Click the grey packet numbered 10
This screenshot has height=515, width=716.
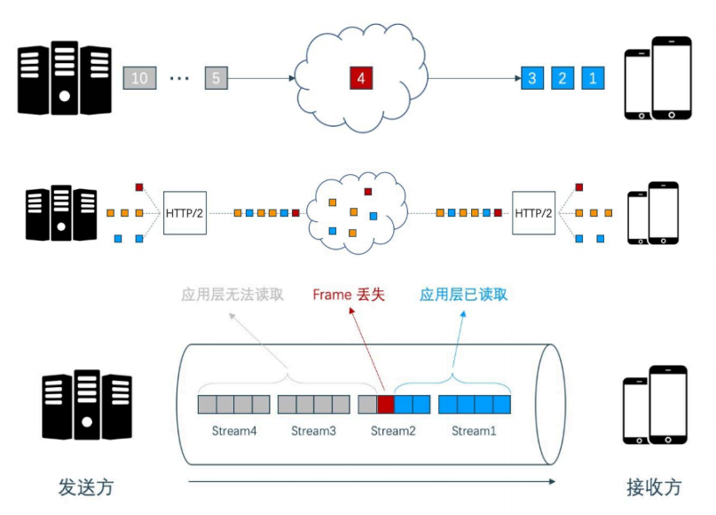click(138, 78)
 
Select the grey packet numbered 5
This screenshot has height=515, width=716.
click(216, 78)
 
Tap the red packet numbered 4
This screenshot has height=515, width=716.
click(360, 78)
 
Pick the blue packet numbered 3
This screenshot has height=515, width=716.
click(532, 78)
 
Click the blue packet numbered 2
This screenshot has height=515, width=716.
click(562, 78)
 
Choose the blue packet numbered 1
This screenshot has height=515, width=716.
click(593, 78)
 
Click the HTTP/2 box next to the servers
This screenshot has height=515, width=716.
click(186, 213)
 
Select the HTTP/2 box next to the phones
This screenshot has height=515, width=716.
click(534, 213)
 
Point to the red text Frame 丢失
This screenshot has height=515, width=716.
click(349, 295)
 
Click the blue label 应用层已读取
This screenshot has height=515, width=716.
click(464, 295)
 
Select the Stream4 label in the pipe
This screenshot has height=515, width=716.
click(234, 432)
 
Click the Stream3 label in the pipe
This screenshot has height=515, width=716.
click(314, 432)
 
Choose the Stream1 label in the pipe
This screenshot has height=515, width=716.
click(475, 432)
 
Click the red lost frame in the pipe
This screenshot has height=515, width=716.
click(386, 405)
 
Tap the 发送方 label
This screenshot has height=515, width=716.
click(86, 487)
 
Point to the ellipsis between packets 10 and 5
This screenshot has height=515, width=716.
click(178, 79)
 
